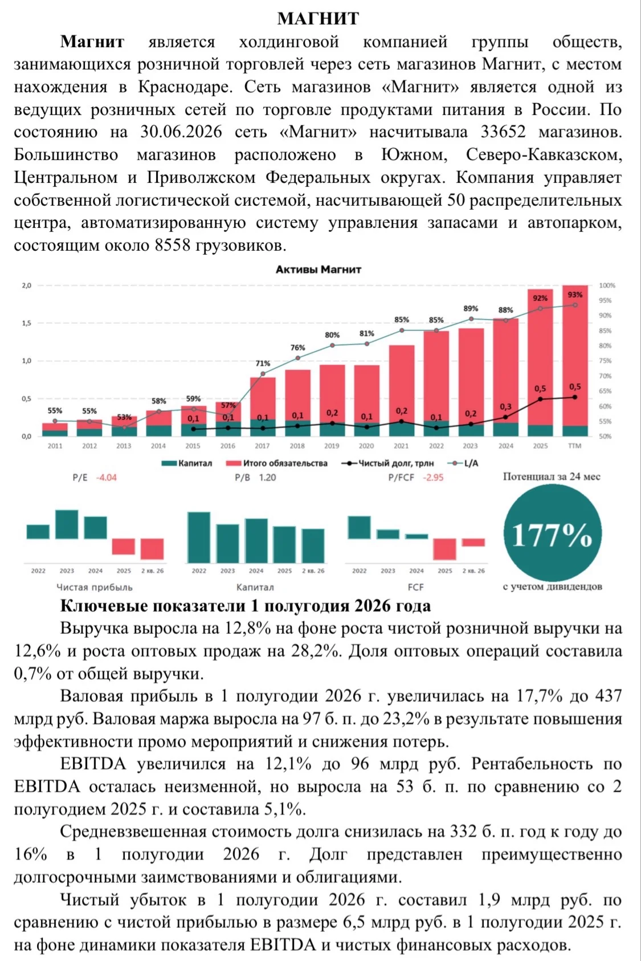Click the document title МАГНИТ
click(318, 18)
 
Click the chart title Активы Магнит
click(318, 270)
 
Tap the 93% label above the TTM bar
click(575, 295)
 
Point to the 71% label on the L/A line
click(263, 364)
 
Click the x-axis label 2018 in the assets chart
click(297, 446)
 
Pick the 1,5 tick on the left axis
click(27, 323)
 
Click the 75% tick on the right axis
click(605, 361)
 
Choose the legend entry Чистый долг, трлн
click(387, 463)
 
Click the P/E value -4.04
click(107, 478)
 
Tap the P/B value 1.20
click(267, 478)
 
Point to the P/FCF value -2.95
click(433, 478)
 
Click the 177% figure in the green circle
click(552, 535)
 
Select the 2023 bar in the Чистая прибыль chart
click(67, 524)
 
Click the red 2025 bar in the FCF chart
click(444, 549)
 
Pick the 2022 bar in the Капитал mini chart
click(199, 537)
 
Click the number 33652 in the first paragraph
click(503, 132)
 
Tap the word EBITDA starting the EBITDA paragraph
click(93, 764)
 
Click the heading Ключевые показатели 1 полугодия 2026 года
click(245, 605)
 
